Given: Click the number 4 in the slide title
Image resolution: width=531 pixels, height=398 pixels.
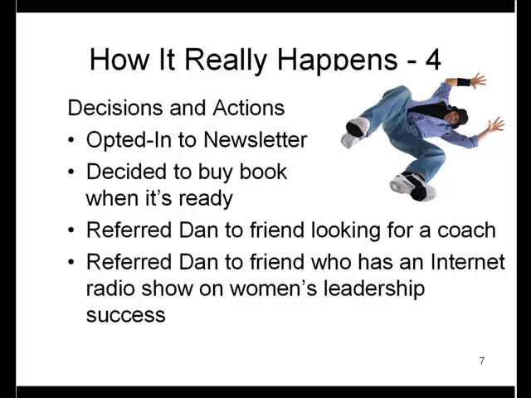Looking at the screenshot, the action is pyautogui.click(x=432, y=60).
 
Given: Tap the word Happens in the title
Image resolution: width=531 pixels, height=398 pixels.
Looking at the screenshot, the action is pyautogui.click(x=338, y=61).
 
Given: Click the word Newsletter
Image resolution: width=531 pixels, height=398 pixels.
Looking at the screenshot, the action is pyautogui.click(x=256, y=139).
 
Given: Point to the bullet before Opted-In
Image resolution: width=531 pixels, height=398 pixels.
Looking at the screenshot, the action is pyautogui.click(x=71, y=140).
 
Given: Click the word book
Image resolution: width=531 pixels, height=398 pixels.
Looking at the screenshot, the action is pyautogui.click(x=263, y=172).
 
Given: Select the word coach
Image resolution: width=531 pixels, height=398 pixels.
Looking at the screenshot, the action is pyautogui.click(x=466, y=231).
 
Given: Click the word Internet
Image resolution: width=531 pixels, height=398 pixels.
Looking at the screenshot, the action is pyautogui.click(x=467, y=262).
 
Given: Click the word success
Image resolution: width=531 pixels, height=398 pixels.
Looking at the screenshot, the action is pyautogui.click(x=125, y=315).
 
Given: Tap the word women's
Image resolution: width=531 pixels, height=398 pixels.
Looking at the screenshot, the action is pyautogui.click(x=273, y=289).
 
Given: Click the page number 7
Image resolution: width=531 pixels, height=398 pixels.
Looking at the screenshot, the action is pyautogui.click(x=482, y=362).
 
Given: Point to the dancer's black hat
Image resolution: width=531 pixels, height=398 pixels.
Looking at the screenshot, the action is pyautogui.click(x=460, y=116).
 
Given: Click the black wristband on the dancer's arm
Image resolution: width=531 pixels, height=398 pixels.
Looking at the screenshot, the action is pyautogui.click(x=464, y=82).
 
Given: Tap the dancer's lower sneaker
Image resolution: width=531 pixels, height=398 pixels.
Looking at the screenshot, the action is pyautogui.click(x=413, y=187).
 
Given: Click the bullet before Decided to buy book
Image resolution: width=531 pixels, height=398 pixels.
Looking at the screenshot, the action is pyautogui.click(x=71, y=172).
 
